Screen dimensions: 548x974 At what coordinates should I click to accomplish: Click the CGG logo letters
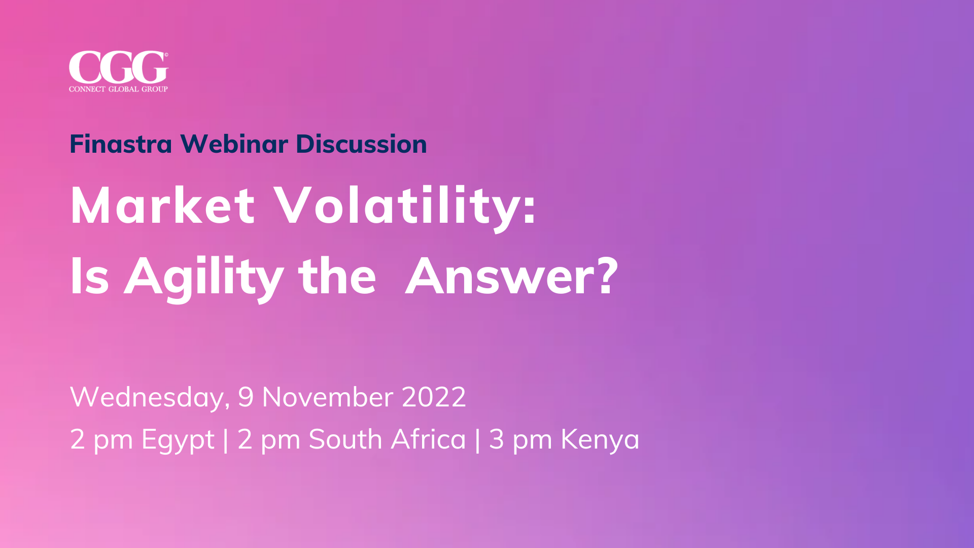pos(118,67)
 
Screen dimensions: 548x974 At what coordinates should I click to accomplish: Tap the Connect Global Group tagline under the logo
pos(118,89)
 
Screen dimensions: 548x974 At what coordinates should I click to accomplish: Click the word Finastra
pos(121,144)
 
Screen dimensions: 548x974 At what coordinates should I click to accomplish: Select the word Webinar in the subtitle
pos(234,144)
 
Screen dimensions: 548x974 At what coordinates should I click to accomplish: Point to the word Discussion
pos(361,144)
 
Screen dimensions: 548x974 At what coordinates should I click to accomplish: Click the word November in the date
pos(327,397)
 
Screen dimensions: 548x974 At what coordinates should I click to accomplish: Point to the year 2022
pos(434,397)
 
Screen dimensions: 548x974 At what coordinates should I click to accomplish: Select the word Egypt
pos(178,440)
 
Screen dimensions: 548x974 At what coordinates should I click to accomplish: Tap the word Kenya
pos(600,440)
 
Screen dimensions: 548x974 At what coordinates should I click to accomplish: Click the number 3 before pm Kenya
pos(496,439)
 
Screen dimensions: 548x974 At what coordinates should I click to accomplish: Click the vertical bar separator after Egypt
pos(226,439)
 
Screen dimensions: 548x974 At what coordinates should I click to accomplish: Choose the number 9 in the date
pos(246,397)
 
